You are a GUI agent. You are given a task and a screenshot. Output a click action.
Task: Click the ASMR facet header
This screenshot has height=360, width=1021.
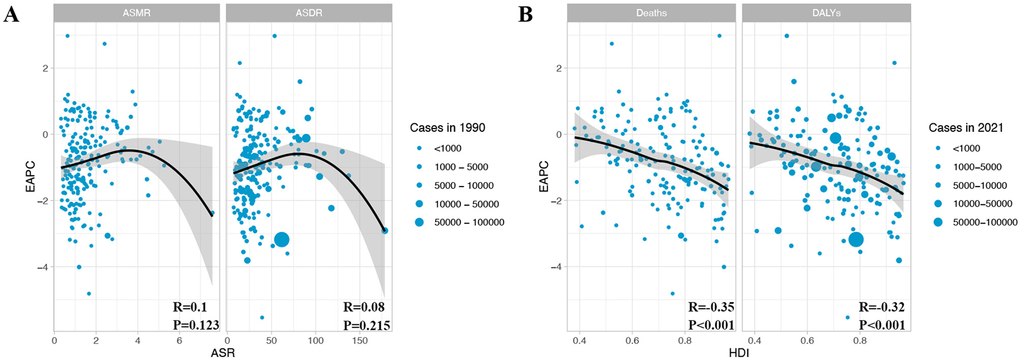137,13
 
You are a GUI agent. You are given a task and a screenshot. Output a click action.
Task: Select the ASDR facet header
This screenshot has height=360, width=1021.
309,13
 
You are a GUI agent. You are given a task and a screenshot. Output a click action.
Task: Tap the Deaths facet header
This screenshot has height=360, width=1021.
651,13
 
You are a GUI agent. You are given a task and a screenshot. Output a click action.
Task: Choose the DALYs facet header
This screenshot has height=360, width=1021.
826,13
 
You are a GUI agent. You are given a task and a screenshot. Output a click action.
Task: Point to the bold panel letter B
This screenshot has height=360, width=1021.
525,14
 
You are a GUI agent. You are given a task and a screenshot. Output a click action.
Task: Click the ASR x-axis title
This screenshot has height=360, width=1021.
223,353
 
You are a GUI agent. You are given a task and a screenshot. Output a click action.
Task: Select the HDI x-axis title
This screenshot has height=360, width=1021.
739,353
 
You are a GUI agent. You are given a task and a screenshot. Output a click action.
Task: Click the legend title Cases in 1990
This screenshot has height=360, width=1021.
447,127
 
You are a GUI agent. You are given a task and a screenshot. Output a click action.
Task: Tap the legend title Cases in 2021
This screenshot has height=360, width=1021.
966,127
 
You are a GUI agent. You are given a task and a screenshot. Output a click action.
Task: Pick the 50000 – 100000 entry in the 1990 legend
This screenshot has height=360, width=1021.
469,222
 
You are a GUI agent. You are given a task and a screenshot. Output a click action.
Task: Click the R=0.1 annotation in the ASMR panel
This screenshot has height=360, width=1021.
190,307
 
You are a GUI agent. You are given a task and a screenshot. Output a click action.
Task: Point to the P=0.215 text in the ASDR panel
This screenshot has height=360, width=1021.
366,325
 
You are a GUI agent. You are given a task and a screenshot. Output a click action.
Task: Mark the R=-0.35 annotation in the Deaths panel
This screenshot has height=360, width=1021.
711,307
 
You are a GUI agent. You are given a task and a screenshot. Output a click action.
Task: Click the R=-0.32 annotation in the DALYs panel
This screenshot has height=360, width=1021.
882,307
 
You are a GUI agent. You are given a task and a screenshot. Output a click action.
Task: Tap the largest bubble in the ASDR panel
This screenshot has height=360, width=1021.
282,240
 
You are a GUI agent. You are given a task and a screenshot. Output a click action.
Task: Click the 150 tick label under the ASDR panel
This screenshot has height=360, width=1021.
360,340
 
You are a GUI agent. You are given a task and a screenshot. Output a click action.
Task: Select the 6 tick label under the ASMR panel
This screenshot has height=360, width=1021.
179,340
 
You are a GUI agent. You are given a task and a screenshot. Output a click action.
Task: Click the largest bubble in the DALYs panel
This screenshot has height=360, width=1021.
856,240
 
